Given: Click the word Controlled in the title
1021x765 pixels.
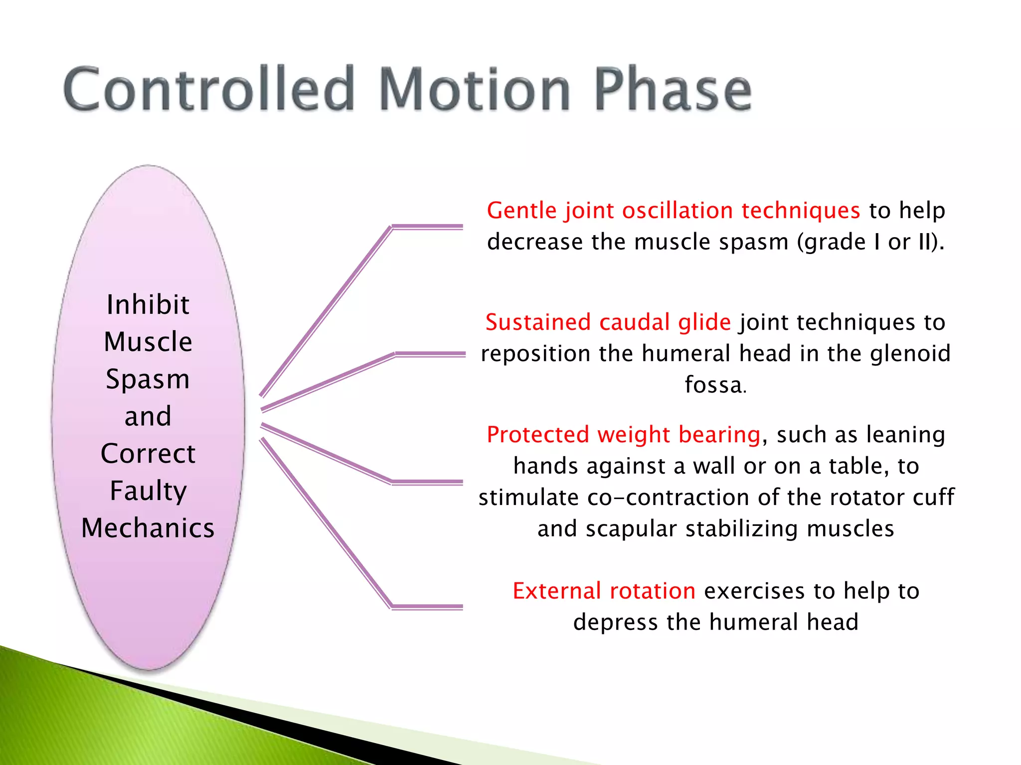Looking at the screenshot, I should [x=209, y=90].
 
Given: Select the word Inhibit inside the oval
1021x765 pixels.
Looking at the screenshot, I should [x=148, y=305].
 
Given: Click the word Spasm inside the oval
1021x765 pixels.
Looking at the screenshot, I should [x=148, y=380].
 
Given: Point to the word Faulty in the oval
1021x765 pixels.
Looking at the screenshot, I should [x=148, y=491].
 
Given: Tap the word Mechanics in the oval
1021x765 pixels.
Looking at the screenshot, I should [x=148, y=528].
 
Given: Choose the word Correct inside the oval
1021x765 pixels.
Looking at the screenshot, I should [x=148, y=454].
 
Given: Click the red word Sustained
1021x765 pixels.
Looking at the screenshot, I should [x=537, y=322].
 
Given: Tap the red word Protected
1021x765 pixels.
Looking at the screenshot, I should [x=537, y=434].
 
